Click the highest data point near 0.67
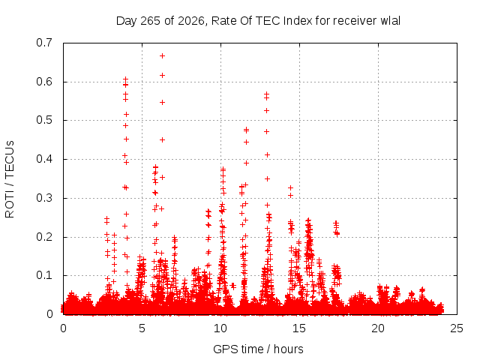162,55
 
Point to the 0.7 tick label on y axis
44,43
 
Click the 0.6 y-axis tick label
44,82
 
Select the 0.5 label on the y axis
44,120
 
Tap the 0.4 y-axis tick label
44,159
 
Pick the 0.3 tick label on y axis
44,198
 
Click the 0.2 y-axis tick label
44,237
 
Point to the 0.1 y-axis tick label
44,275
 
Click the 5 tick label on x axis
142,328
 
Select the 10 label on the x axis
220,328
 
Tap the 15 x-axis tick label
299,328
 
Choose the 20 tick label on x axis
378,328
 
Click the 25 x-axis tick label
457,328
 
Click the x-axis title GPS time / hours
258,349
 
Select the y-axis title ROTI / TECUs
10,179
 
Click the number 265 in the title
150,21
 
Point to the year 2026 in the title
190,21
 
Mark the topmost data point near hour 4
125,79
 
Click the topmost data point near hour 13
267,94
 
